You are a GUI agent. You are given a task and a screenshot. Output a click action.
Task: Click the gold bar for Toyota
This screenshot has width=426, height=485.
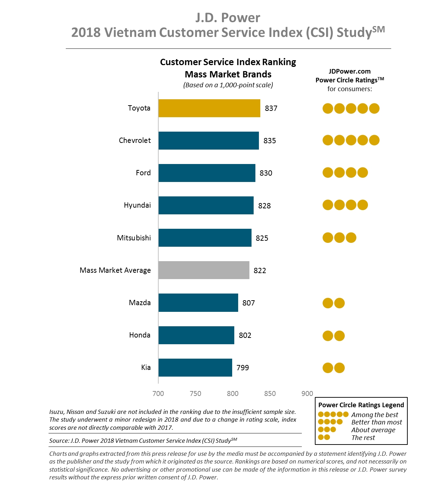coord(209,108)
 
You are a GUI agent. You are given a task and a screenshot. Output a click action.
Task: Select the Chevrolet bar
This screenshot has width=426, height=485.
coord(208,140)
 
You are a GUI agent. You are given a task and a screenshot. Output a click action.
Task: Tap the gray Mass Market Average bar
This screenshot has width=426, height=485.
coord(204,270)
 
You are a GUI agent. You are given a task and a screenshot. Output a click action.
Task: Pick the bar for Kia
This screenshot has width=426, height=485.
coord(195,367)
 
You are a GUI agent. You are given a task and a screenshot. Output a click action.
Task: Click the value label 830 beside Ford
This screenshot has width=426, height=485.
coord(266,173)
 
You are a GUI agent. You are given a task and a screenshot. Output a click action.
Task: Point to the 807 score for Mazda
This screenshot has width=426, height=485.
coord(248,303)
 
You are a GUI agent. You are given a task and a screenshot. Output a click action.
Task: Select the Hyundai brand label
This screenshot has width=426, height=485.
coord(137,205)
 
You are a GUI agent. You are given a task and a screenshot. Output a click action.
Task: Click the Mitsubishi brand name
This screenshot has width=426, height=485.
coord(134,238)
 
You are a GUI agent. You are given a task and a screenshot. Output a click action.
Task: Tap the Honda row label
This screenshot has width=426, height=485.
coord(140,335)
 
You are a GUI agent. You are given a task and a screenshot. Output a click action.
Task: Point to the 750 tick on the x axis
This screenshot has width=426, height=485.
coord(196,393)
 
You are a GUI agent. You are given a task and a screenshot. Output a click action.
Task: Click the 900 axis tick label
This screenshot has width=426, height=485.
coord(307,393)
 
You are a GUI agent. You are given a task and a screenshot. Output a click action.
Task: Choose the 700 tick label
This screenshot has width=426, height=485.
coord(158,393)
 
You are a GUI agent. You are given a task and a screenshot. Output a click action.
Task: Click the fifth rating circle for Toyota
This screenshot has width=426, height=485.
coord(374,108)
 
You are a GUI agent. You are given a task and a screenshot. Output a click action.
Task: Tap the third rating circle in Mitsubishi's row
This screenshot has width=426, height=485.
coord(351,238)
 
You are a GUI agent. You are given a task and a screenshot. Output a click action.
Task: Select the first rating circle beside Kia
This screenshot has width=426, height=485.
coord(328,368)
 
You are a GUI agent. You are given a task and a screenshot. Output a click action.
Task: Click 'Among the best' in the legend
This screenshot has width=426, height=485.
coord(375,415)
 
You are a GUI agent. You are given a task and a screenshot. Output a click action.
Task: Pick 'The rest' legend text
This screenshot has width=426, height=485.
coord(363,438)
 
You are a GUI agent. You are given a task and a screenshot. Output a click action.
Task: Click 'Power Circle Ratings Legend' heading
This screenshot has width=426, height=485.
coord(361,405)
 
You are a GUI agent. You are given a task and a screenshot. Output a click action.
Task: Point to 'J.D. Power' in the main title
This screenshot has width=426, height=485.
coord(228,18)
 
